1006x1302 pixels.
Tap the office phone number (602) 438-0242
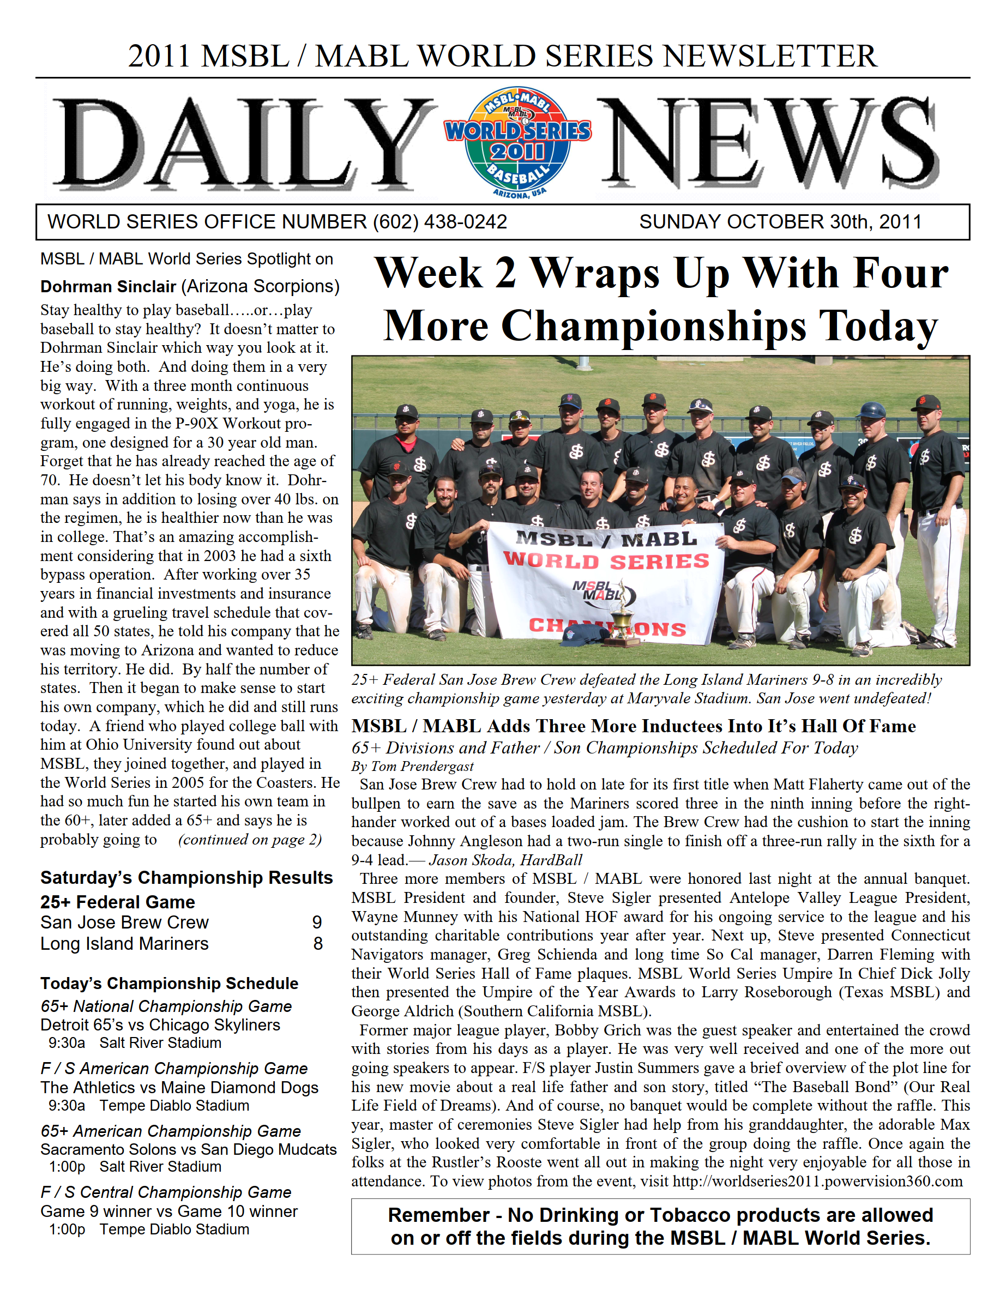click(439, 222)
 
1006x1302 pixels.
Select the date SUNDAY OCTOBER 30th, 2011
click(780, 222)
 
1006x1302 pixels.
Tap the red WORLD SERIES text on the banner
click(606, 561)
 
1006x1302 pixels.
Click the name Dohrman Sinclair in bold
click(108, 287)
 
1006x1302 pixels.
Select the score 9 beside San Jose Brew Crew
click(317, 923)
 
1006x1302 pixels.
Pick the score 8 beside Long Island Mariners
click(318, 944)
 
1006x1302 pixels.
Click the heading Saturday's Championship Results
click(186, 877)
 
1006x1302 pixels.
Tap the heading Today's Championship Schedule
click(170, 983)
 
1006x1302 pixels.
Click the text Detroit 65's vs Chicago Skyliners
click(160, 1025)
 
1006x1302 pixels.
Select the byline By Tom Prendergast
click(412, 766)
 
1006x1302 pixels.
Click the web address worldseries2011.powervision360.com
click(817, 1181)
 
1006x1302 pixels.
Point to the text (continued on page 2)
click(250, 840)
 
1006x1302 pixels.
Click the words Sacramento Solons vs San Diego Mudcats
click(189, 1149)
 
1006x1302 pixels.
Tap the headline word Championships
click(654, 325)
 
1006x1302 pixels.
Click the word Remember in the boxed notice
click(438, 1215)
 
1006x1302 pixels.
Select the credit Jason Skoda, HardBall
click(505, 860)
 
